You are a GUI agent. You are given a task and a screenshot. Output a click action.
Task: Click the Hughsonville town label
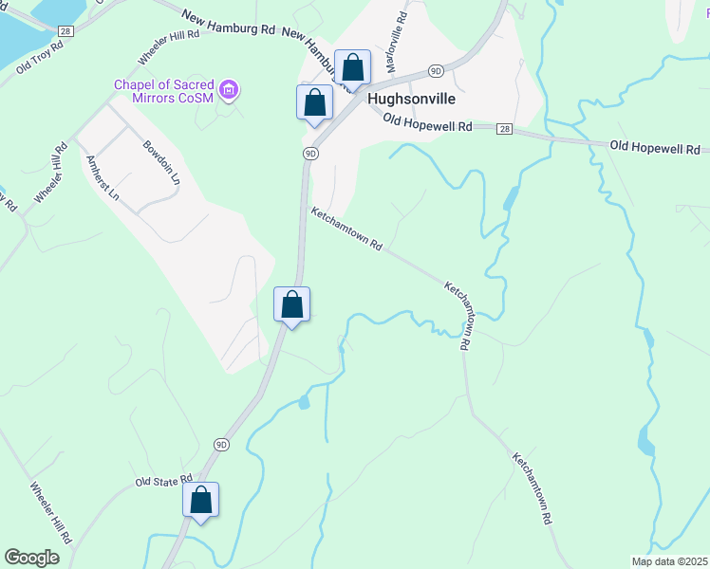(411, 99)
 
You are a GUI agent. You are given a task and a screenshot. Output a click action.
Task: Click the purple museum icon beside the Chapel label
(228, 91)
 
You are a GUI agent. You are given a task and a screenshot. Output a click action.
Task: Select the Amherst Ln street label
(103, 177)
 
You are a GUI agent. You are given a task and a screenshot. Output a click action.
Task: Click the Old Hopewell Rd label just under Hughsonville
(427, 121)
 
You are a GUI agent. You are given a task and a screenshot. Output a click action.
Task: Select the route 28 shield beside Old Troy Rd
(65, 31)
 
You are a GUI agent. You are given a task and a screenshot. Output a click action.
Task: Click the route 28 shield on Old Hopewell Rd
(503, 128)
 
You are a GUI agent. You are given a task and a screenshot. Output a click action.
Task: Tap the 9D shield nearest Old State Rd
(221, 444)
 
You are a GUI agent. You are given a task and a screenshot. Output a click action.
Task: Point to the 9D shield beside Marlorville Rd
(436, 70)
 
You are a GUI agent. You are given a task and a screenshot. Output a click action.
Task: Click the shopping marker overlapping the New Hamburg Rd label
(352, 67)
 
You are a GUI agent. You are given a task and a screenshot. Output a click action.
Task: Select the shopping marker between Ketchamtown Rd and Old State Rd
(292, 305)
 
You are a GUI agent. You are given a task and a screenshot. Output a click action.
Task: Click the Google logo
(32, 558)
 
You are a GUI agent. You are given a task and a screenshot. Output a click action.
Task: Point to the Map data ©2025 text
(669, 561)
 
